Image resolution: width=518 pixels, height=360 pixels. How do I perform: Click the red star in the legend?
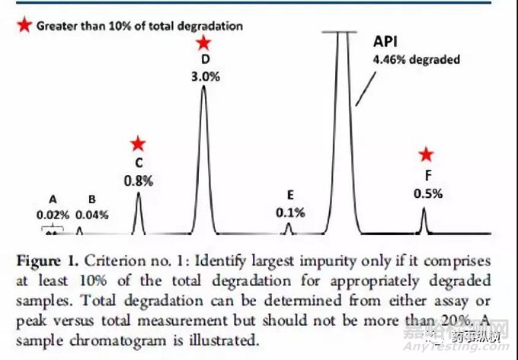[x=25, y=26]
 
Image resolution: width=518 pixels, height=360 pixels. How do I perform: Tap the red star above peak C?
[x=138, y=143]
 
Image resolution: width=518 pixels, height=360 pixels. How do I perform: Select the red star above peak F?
[x=427, y=155]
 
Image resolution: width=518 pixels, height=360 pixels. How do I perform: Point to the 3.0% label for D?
[x=203, y=75]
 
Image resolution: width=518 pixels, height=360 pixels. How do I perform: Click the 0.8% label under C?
[x=139, y=180]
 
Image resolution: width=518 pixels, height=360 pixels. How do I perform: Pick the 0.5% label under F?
[x=427, y=193]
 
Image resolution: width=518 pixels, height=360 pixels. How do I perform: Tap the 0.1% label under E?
[x=290, y=212]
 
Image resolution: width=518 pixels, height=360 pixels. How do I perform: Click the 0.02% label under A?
[x=53, y=215]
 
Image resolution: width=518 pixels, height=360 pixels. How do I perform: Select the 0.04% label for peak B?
[x=91, y=215]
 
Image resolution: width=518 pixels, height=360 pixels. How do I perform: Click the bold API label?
[x=385, y=43]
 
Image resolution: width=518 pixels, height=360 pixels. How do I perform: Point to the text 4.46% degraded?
[x=416, y=59]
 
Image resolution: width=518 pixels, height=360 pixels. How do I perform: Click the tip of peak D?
[x=203, y=87]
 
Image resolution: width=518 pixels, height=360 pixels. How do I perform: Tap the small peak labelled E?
[x=288, y=227]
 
